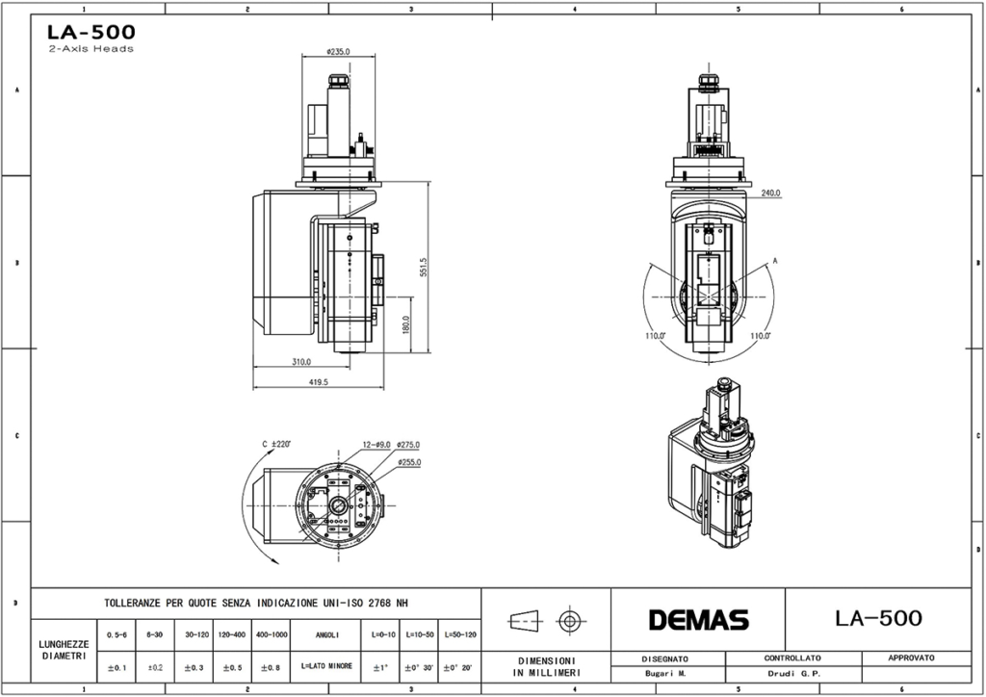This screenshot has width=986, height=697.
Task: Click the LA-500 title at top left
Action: tap(91, 32)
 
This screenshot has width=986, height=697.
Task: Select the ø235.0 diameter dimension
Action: tap(338, 52)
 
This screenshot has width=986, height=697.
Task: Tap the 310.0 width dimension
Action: tap(301, 362)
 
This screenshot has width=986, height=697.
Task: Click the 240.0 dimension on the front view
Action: tap(770, 193)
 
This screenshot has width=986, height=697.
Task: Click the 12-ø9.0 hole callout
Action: tap(376, 444)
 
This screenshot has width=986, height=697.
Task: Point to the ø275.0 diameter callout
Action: tap(408, 444)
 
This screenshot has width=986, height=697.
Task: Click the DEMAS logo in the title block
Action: tap(698, 620)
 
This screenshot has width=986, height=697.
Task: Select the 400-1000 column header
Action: tap(273, 635)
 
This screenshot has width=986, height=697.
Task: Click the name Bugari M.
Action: tap(665, 674)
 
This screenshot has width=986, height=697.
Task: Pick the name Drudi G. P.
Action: tap(792, 674)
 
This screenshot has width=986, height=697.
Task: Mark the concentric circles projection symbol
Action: tap(572, 620)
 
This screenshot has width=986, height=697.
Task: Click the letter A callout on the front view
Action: tap(775, 261)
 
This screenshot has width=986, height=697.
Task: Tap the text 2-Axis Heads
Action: tap(91, 49)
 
